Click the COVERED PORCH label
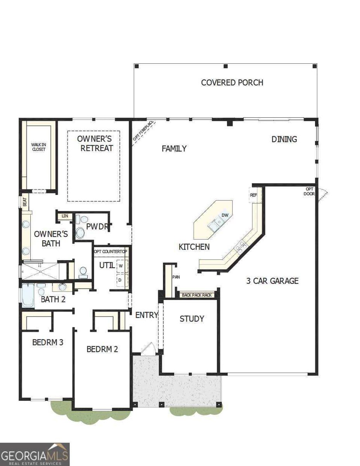tap(232, 82)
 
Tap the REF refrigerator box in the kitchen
tap(254, 195)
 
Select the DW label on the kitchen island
tap(225, 215)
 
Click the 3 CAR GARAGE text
tap(272, 281)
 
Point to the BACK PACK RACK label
tap(197, 295)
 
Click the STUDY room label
tap(192, 319)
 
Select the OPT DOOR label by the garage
tap(310, 191)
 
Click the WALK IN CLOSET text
tap(38, 147)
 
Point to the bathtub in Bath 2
tap(28, 295)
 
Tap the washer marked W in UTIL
tap(121, 266)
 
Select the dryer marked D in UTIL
tap(121, 280)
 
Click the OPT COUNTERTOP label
tap(111, 252)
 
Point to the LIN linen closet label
tap(65, 216)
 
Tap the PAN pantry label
tap(175, 277)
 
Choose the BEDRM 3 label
tap(48, 343)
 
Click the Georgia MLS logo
tap(35, 454)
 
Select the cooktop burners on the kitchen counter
tap(241, 246)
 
